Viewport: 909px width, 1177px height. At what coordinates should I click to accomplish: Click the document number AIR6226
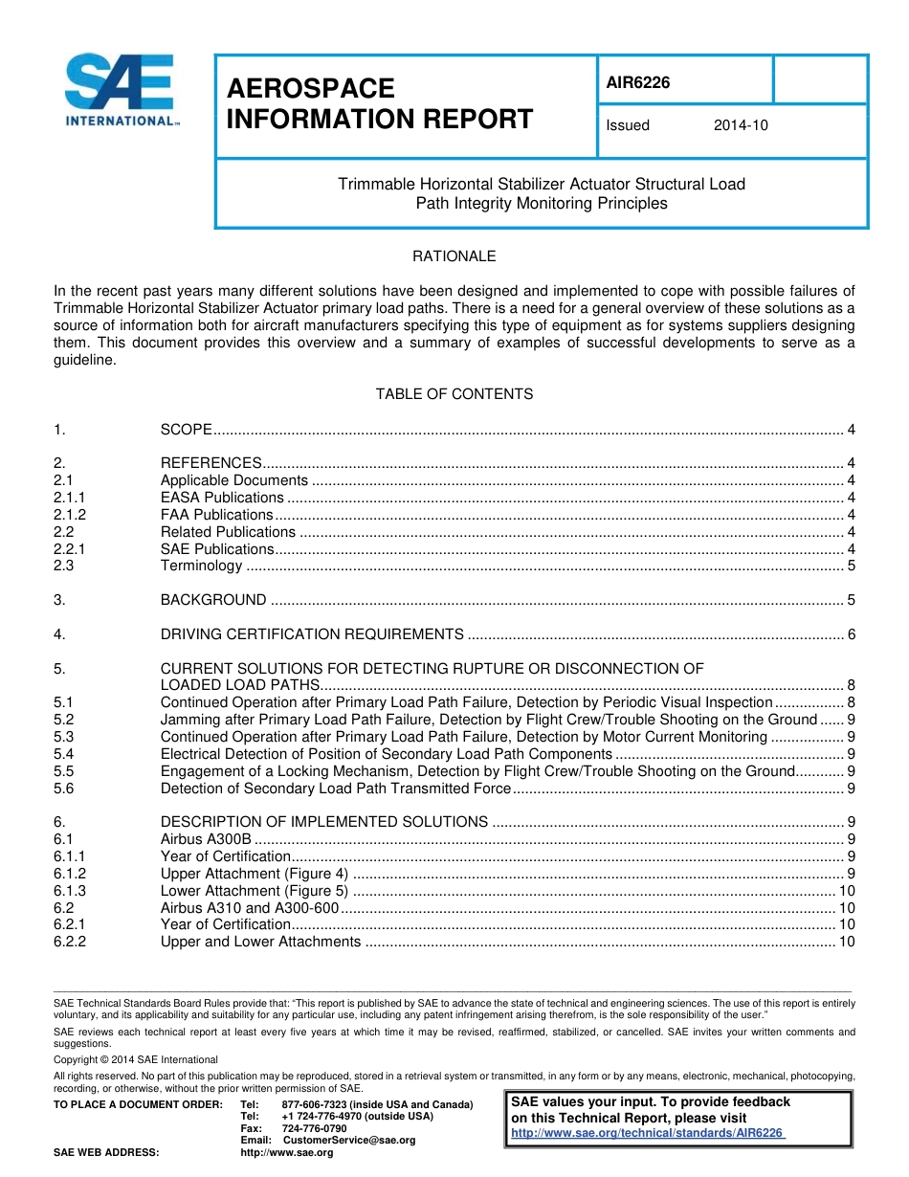coord(638,82)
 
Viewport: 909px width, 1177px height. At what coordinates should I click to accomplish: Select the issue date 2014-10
coord(741,125)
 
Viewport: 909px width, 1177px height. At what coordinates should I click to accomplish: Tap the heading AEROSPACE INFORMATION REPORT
coord(379,103)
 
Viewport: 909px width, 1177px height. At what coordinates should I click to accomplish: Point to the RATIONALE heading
coord(454,256)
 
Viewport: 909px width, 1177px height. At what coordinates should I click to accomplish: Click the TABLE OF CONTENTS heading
coord(454,394)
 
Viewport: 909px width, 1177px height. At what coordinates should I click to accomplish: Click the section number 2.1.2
coord(70,515)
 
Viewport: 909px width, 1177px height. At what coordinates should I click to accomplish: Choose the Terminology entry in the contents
coord(201,566)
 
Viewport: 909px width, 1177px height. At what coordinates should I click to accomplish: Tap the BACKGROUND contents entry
coord(213,600)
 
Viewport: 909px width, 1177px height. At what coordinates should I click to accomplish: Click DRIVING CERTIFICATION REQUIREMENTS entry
coord(312,634)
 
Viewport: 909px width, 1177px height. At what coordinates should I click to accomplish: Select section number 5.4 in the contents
coord(64,754)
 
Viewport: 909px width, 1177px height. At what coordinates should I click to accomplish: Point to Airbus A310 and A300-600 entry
coord(250,907)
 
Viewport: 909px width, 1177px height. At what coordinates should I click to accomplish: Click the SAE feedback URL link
coord(649,1133)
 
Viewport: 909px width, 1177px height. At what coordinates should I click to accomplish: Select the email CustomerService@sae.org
coord(349,1140)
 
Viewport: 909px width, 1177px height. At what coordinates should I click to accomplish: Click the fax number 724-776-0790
coord(314,1128)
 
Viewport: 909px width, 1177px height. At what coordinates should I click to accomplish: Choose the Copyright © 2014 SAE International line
coord(136,1059)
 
